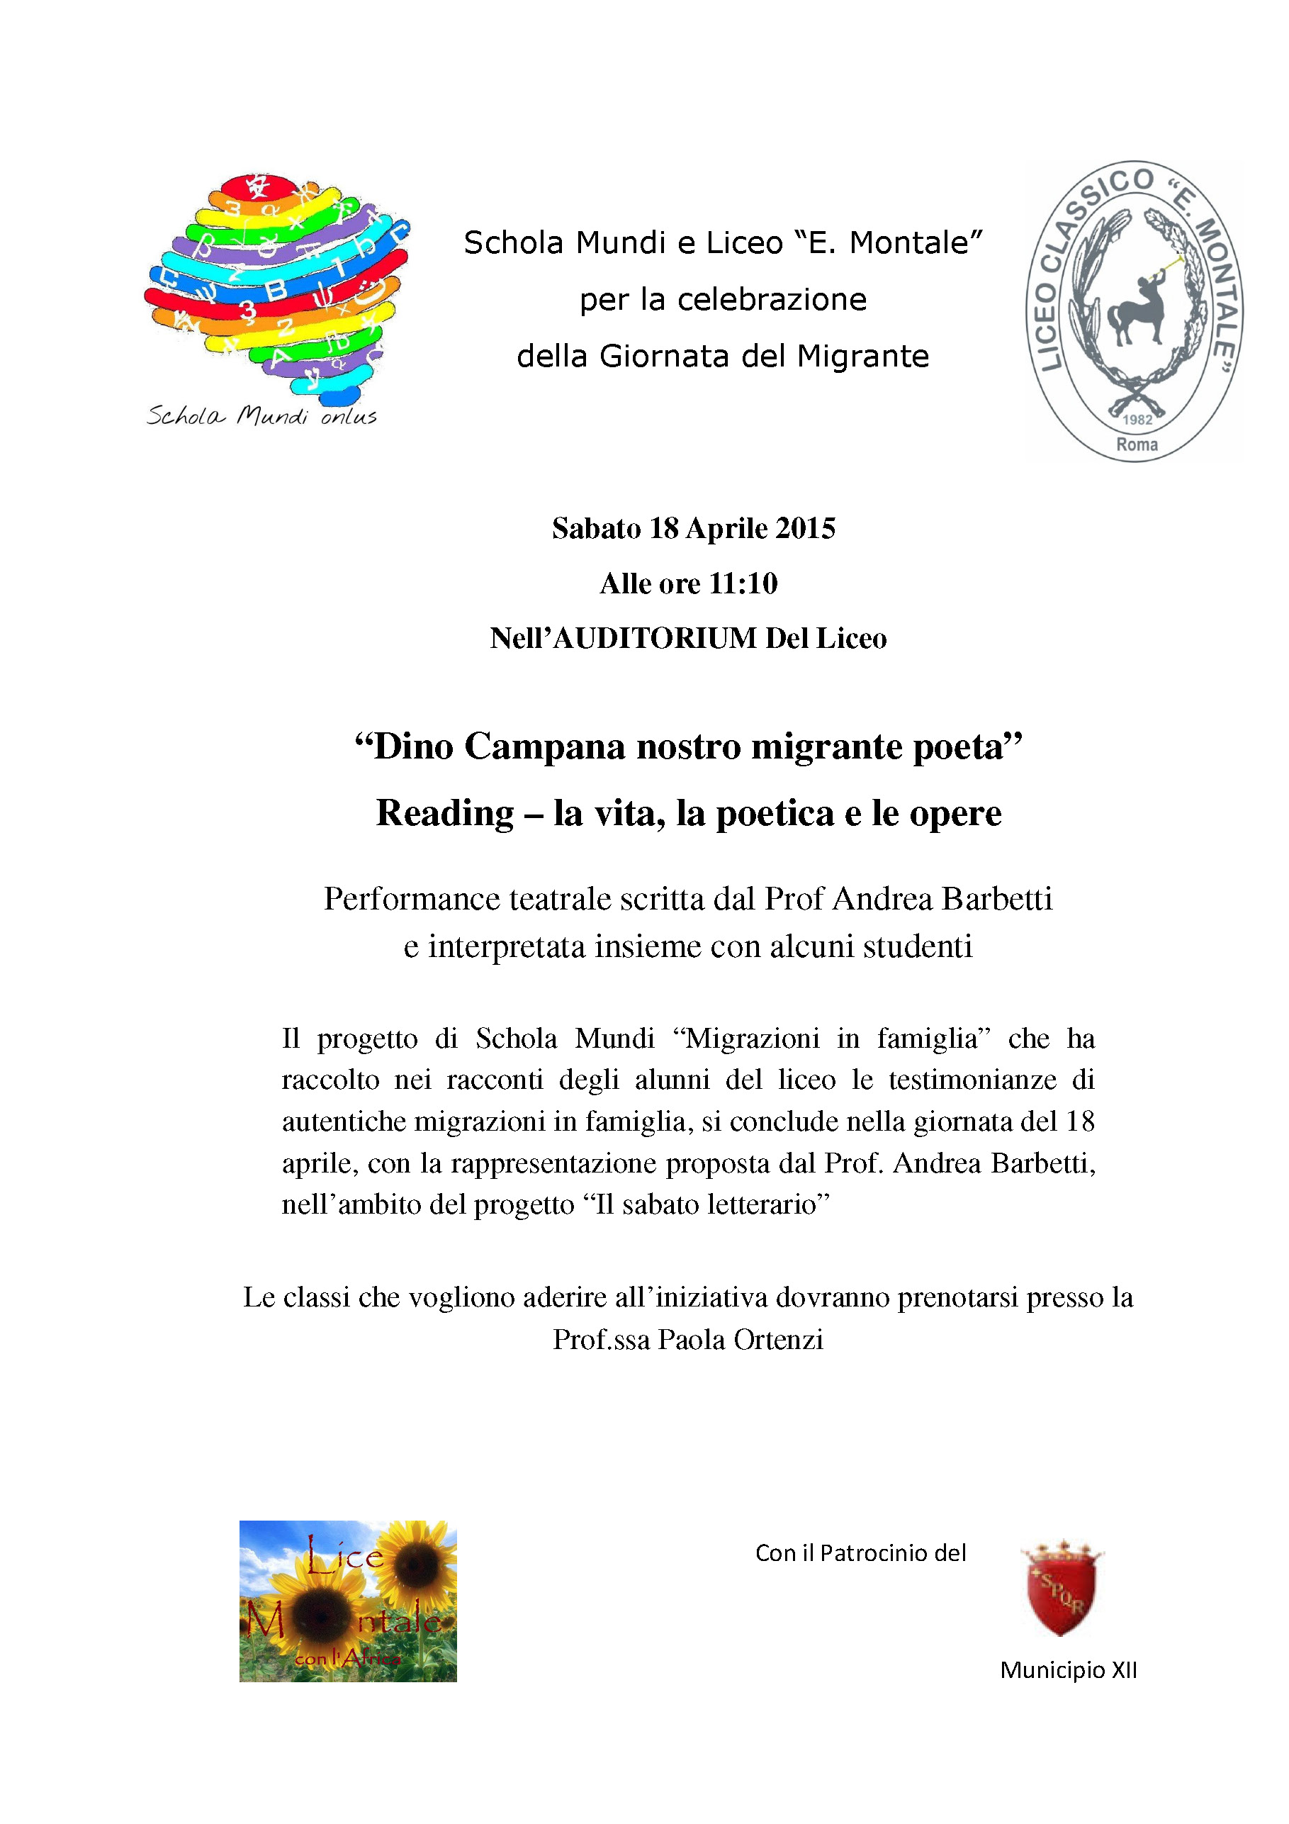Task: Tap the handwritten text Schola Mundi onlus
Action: (x=262, y=416)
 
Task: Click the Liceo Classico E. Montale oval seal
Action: (x=1136, y=311)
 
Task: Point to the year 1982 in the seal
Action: (x=1137, y=420)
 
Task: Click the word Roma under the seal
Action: (x=1137, y=445)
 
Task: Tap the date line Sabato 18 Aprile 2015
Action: (x=693, y=528)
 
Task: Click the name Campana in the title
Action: (x=545, y=746)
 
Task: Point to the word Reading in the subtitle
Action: (x=445, y=812)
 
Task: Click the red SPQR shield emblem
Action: (x=1062, y=1591)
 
